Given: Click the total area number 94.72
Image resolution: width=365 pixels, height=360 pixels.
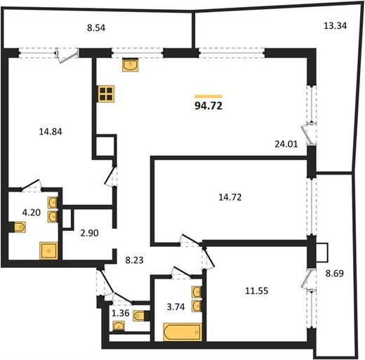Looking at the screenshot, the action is pyautogui.click(x=208, y=106).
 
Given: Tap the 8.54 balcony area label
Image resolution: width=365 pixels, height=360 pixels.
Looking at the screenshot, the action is pyautogui.click(x=96, y=28).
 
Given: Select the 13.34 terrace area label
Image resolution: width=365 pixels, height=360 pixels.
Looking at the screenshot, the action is pyautogui.click(x=335, y=25).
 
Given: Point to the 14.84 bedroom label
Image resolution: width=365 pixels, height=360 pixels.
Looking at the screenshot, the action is pyautogui.click(x=51, y=132).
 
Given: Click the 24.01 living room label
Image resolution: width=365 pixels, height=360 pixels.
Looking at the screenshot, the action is pyautogui.click(x=286, y=144).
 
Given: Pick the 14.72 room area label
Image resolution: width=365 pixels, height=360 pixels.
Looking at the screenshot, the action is pyautogui.click(x=230, y=197).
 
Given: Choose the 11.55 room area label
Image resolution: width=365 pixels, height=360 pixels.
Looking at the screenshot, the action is pyautogui.click(x=257, y=291).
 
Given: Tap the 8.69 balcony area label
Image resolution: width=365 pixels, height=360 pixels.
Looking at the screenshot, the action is pyautogui.click(x=335, y=273).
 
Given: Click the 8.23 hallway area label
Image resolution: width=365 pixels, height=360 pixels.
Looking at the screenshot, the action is pyautogui.click(x=134, y=260).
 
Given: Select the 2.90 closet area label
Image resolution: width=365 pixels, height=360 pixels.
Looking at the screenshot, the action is pyautogui.click(x=89, y=233).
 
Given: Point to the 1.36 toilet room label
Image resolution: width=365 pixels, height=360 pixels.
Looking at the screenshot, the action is pyautogui.click(x=121, y=313).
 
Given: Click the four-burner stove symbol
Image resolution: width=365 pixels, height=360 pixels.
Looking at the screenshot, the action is pyautogui.click(x=106, y=94).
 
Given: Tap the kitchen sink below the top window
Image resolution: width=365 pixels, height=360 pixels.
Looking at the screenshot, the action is pyautogui.click(x=131, y=65).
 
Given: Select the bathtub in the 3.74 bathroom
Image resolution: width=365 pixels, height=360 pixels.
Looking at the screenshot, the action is pyautogui.click(x=182, y=332).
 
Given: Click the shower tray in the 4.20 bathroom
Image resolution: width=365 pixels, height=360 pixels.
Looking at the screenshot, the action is pyautogui.click(x=48, y=251).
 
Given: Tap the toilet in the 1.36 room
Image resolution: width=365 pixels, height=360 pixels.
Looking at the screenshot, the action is pyautogui.click(x=139, y=316).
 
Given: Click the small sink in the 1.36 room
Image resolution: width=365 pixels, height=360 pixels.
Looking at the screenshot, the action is pyautogui.click(x=119, y=326).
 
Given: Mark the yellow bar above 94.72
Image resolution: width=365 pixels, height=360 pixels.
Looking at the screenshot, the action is pyautogui.click(x=208, y=96).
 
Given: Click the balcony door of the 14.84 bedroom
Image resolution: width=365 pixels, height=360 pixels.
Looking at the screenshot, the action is pyautogui.click(x=67, y=56).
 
